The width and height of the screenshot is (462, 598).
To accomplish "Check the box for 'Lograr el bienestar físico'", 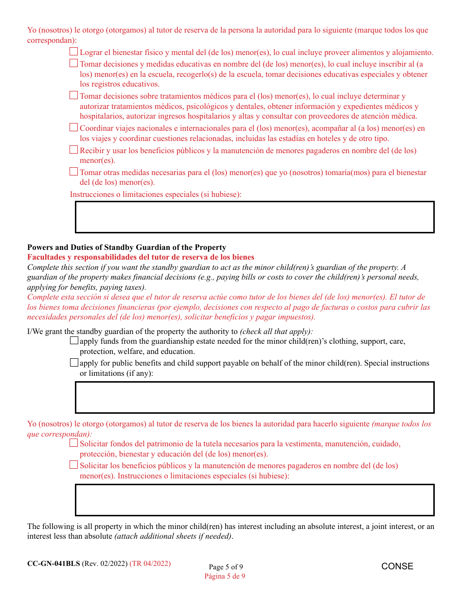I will (74, 52).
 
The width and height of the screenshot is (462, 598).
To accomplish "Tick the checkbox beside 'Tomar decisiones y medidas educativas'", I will (74, 63).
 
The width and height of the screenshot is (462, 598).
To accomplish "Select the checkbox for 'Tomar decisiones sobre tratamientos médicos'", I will (74, 95).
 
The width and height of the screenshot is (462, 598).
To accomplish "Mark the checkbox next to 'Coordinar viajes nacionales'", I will (74, 127).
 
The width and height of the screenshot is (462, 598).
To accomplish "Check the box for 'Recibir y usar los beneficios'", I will (74, 150).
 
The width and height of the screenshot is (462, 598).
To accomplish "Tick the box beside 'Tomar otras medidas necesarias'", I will (74, 171).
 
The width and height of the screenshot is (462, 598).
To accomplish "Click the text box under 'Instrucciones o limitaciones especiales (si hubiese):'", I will (254, 217).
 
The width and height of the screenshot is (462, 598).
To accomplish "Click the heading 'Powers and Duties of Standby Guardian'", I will (126, 247).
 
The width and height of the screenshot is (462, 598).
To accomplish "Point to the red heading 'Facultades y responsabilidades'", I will (141, 257).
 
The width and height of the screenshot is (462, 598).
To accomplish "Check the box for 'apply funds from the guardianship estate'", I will (74, 340).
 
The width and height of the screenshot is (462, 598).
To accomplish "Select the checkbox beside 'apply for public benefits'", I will (74, 362).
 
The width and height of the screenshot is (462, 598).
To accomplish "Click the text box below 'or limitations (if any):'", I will (254, 397).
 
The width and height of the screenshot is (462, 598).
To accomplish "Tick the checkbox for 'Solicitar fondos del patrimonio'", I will (74, 443).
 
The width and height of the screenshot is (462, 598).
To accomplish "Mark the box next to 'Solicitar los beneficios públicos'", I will (74, 465).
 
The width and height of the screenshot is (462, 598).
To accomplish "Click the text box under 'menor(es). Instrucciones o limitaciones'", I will (254, 500).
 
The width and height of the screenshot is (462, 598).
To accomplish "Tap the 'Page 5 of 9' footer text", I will (226, 567).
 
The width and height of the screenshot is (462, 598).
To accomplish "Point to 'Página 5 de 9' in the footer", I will (225, 576).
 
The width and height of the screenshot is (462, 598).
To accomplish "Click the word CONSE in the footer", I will (397, 566).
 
